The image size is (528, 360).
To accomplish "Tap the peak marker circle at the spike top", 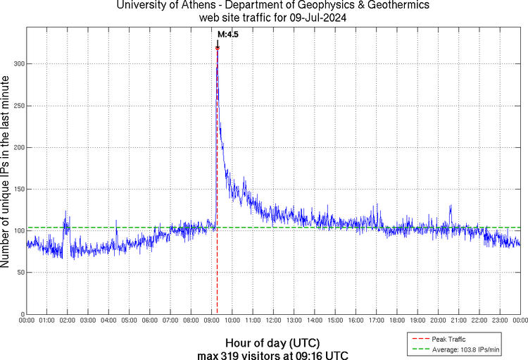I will [218, 48].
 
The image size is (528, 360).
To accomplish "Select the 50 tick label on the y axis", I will [20, 273].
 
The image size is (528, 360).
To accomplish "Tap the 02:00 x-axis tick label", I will [68, 320].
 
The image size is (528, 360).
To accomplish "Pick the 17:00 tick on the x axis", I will [377, 320].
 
